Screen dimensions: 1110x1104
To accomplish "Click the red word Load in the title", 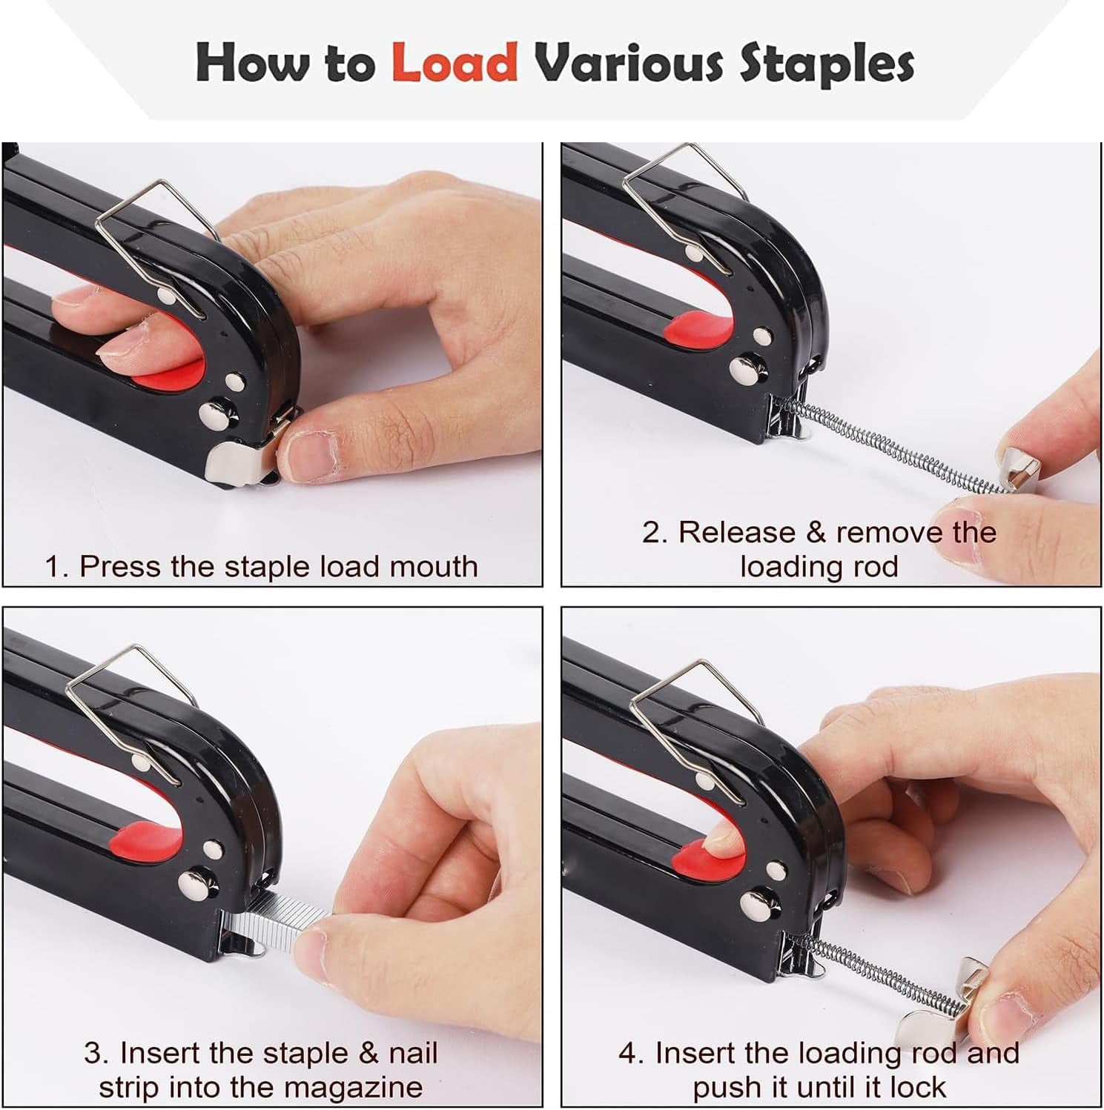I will [454, 62].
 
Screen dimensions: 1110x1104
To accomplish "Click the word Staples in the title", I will [825, 64].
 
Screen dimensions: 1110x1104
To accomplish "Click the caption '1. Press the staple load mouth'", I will [261, 566].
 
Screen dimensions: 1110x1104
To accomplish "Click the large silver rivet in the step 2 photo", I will [742, 368].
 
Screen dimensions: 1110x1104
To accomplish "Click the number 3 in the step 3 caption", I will [92, 1052].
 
